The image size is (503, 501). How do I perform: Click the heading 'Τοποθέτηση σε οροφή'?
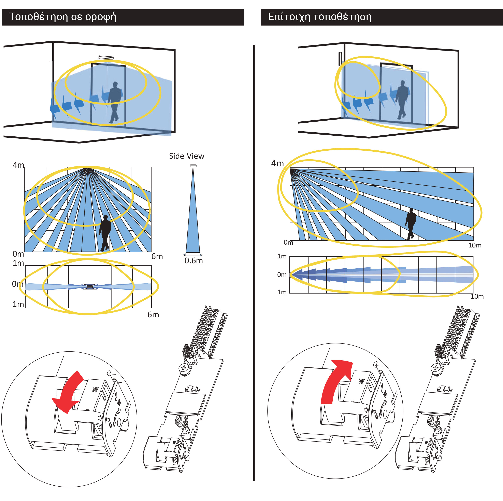point(62,17)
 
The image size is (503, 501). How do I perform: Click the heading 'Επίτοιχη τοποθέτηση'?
point(319,17)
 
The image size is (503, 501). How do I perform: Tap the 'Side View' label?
point(186,156)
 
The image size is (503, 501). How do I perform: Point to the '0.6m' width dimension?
point(193,260)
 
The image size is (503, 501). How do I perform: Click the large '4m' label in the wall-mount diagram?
point(277,163)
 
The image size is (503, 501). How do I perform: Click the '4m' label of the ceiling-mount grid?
point(18,165)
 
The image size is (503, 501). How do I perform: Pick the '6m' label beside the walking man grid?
point(157,256)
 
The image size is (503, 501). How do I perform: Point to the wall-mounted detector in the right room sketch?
point(340,59)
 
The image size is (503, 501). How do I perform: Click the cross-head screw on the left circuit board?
point(184,368)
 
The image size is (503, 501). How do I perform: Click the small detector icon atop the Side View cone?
point(193,166)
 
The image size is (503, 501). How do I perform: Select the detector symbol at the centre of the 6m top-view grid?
point(90,287)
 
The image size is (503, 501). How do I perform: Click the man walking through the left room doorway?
point(115,102)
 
